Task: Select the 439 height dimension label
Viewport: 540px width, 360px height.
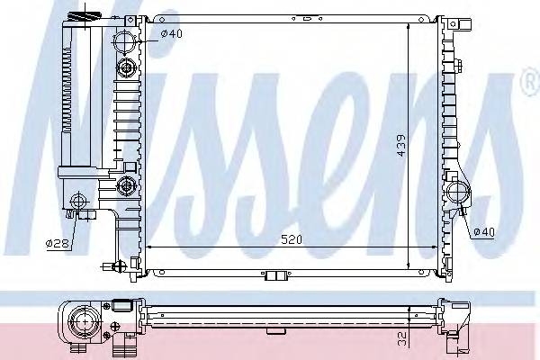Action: coord(400,145)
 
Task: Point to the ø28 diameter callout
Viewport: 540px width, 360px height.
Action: coord(57,241)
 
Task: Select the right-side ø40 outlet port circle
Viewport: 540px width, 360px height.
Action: coord(457,192)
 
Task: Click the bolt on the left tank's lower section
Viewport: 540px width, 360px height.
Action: coord(126,187)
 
